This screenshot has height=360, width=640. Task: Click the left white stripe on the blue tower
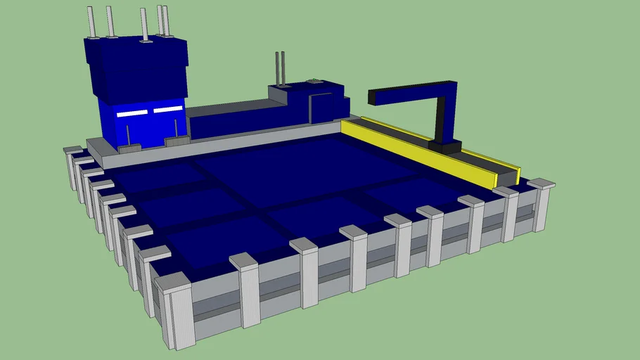tap(132, 113)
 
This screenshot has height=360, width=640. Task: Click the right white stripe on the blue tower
tap(168, 110)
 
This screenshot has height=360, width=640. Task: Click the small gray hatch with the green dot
tap(313, 82)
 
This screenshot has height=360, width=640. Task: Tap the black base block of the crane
tap(445, 146)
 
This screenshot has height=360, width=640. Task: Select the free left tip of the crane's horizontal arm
tap(371, 98)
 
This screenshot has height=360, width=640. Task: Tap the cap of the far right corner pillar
tap(541, 184)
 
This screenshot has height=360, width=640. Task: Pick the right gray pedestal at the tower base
tap(176, 140)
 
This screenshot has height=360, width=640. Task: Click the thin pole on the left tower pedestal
tap(128, 136)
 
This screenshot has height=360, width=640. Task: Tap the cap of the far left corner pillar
tap(72, 150)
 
